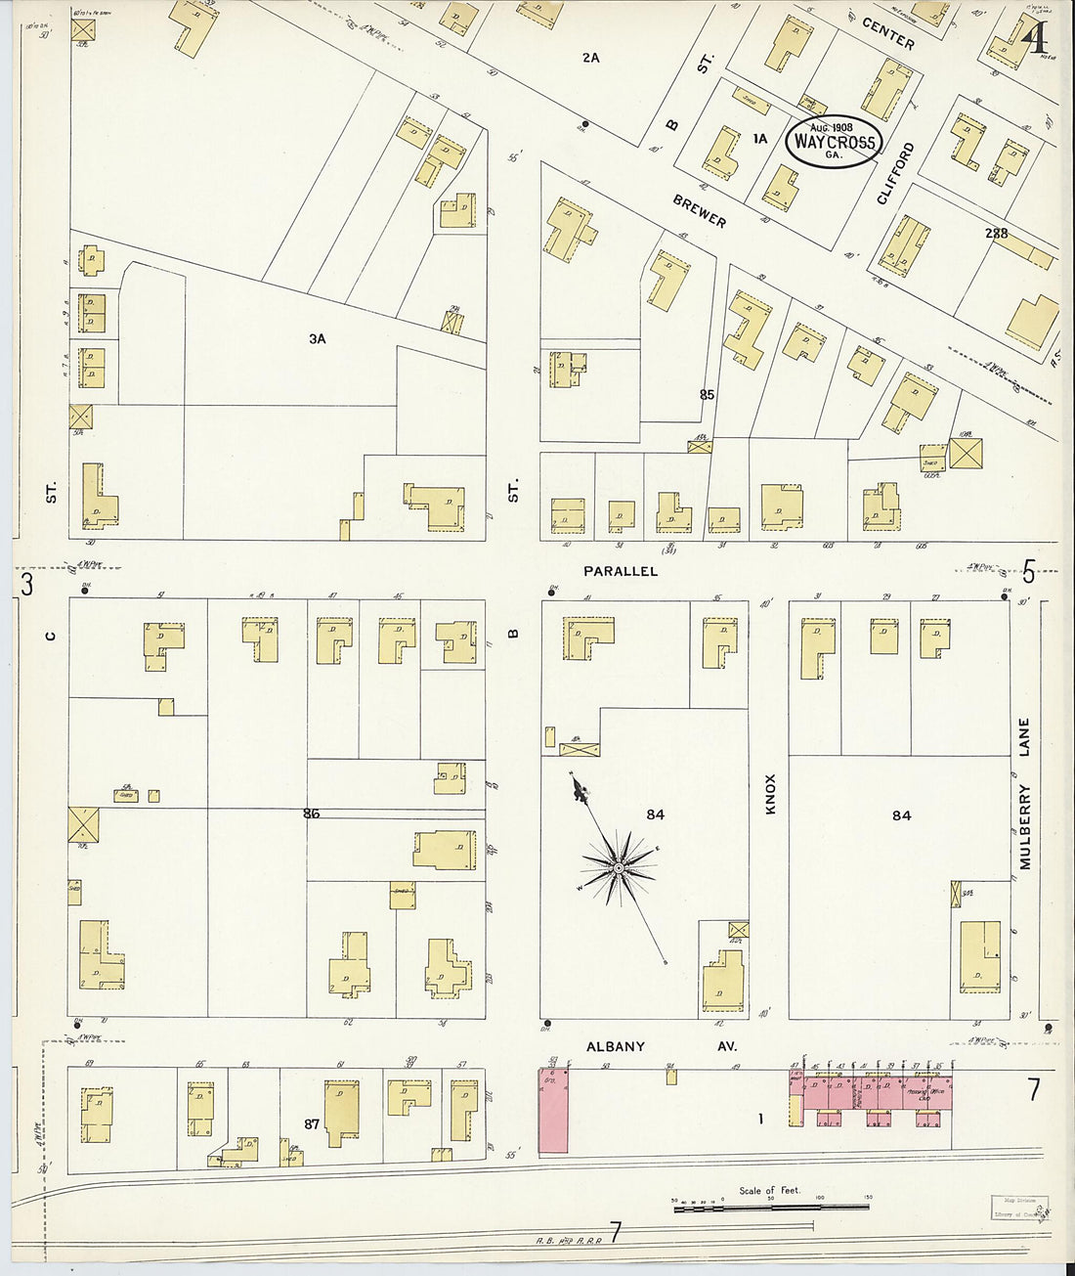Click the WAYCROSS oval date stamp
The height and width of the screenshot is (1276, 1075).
[x=834, y=142]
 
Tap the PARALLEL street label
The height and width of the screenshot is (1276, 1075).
[x=621, y=571]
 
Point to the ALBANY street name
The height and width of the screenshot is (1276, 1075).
[x=616, y=1046]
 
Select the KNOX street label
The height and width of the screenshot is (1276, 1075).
[x=769, y=794]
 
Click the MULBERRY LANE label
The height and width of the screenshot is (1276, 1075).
[x=1024, y=794]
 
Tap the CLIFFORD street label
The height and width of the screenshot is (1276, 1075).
[x=896, y=173]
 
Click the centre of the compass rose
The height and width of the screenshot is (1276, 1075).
[x=619, y=867]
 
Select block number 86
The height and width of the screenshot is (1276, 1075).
[x=311, y=813]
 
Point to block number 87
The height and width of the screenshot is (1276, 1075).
[x=311, y=1124]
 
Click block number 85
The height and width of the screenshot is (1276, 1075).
[x=707, y=395]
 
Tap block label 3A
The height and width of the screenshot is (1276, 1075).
[x=317, y=339]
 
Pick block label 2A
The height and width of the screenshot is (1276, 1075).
[x=590, y=58]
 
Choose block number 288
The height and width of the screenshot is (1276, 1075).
[x=996, y=234]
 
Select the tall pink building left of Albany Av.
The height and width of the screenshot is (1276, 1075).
[x=553, y=1110]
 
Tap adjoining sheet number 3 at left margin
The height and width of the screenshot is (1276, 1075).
[x=27, y=585]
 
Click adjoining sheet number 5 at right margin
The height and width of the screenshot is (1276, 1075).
[x=1028, y=571]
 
